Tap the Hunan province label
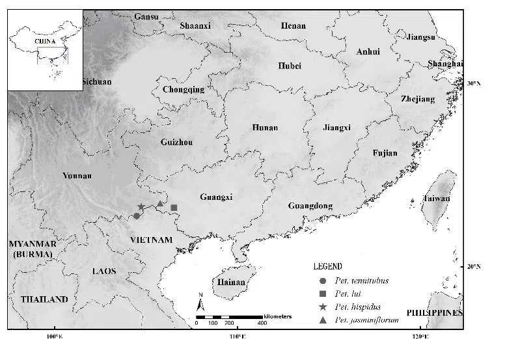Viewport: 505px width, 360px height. pos(264,128)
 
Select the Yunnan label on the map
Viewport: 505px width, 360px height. pos(77,176)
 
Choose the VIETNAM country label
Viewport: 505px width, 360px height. pos(152,240)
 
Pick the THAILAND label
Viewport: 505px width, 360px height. pos(44,299)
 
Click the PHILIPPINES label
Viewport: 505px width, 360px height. pos(435,313)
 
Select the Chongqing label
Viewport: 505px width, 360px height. pos(184,90)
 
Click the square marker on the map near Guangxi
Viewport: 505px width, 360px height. pos(174,208)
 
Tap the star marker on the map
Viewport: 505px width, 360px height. pos(141,207)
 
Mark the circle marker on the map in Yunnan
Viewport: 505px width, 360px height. pos(137,216)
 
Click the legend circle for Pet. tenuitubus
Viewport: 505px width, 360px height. pos(323,281)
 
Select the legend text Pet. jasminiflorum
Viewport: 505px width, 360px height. pos(367,320)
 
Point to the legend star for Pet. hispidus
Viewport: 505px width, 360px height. pos(323,307)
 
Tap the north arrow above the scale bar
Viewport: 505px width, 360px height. pos(202,302)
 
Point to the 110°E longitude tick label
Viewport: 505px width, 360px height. pos(238,337)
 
